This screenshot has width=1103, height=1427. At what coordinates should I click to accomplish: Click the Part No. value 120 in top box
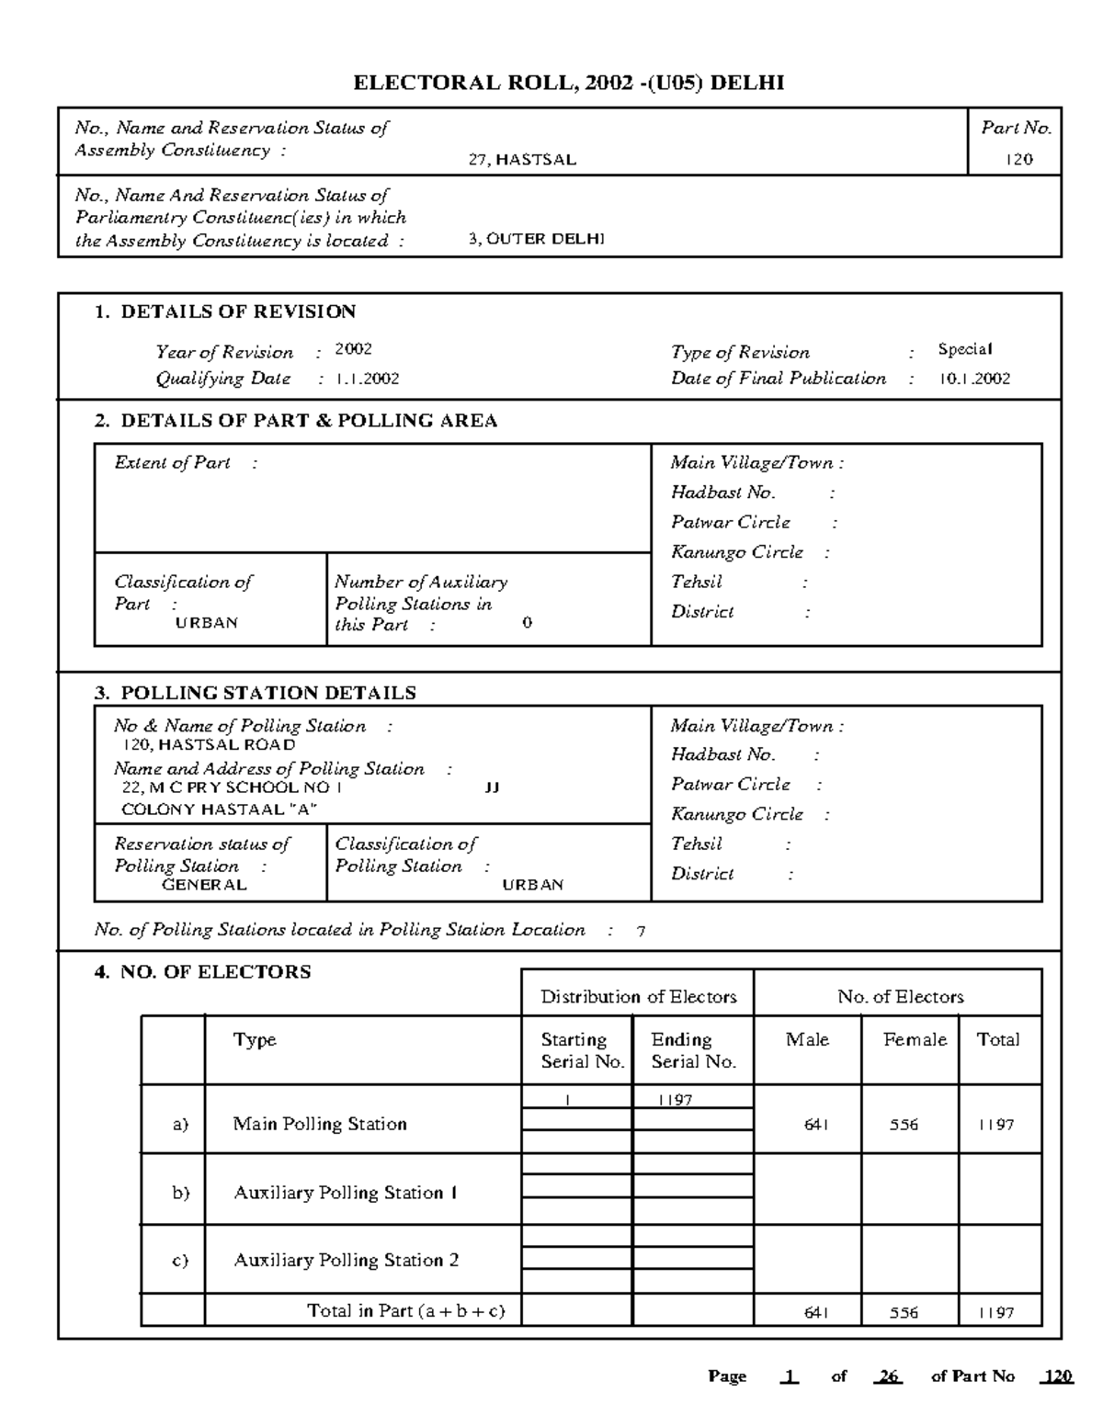tap(1018, 160)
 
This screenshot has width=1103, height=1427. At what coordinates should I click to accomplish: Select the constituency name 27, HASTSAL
tap(522, 160)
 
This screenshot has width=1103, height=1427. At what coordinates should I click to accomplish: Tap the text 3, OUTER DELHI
tap(536, 240)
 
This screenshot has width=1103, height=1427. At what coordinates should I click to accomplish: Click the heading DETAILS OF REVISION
tap(237, 311)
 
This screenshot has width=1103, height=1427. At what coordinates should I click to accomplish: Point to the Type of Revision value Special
tap(964, 349)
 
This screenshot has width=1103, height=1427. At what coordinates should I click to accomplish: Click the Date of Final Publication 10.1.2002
tap(974, 379)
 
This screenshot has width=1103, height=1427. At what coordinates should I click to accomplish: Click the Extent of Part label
tap(173, 463)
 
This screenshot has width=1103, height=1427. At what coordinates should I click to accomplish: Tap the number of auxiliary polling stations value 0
tap(527, 623)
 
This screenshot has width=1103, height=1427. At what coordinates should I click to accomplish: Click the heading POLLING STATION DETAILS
tap(267, 693)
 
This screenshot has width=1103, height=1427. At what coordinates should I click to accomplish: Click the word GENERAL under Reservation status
tap(204, 885)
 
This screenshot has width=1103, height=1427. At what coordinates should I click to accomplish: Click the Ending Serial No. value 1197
tap(675, 1100)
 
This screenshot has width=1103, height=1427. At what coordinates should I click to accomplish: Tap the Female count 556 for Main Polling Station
tap(904, 1125)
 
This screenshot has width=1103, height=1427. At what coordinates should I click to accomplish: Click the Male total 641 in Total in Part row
tap(816, 1313)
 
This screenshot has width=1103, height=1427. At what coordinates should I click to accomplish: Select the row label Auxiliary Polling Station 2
tap(346, 1261)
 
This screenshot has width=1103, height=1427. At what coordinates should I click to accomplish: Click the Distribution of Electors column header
tap(638, 997)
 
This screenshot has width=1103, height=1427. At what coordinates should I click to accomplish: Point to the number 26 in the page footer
tap(888, 1376)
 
